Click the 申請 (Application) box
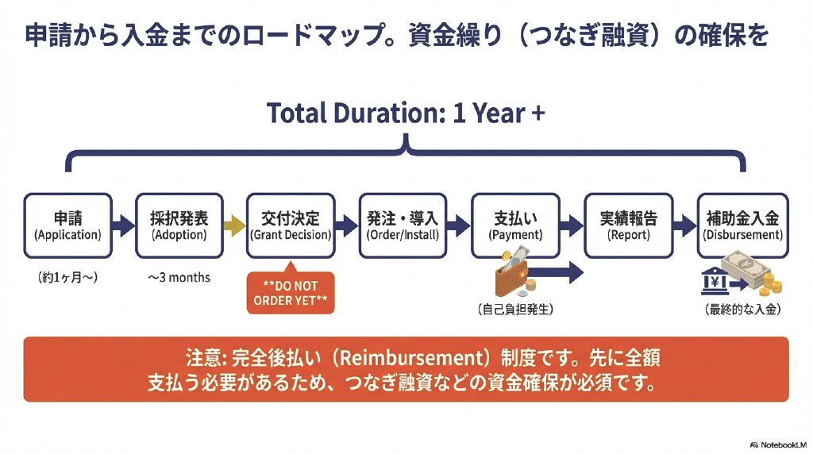pyautogui.click(x=67, y=225)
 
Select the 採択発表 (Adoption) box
pyautogui.click(x=179, y=225)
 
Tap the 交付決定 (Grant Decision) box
pyautogui.click(x=291, y=225)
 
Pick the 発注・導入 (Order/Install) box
pyautogui.click(x=403, y=225)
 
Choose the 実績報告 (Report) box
pyautogui.click(x=629, y=225)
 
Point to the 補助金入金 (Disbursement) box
pyautogui.click(x=743, y=225)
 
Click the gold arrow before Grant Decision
pyautogui.click(x=235, y=225)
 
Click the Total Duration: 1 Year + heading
pyautogui.click(x=406, y=113)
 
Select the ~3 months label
pyautogui.click(x=179, y=277)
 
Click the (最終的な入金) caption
pyautogui.click(x=743, y=310)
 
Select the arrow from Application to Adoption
pyautogui.click(x=123, y=225)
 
